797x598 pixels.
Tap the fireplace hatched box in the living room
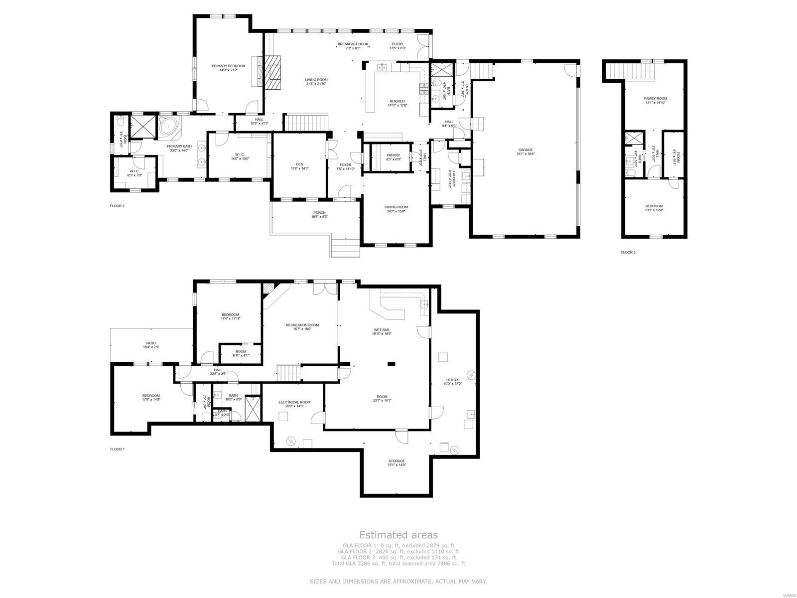click(272, 71)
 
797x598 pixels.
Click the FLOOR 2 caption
click(117, 205)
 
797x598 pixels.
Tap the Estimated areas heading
click(398, 535)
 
